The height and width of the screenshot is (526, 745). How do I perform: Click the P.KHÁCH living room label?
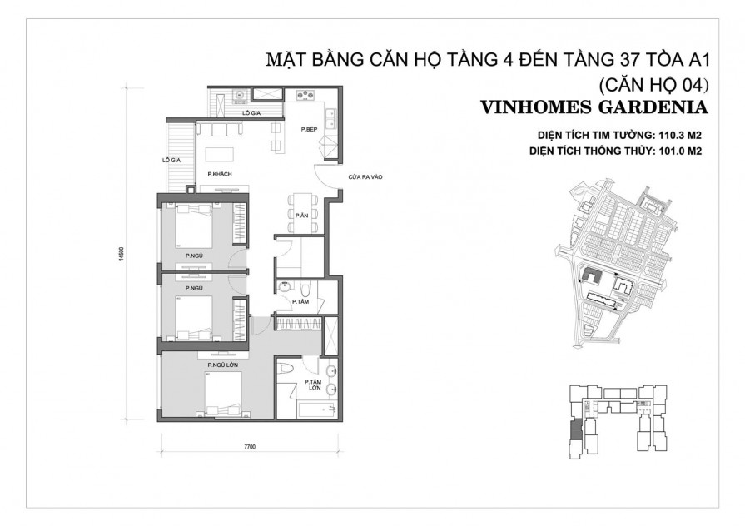219,173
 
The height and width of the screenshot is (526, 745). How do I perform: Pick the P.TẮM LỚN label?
315,385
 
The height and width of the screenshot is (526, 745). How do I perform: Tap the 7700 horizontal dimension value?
249,448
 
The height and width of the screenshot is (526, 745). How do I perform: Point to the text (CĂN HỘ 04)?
653,84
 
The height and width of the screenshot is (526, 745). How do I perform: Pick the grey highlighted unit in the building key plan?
573,431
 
